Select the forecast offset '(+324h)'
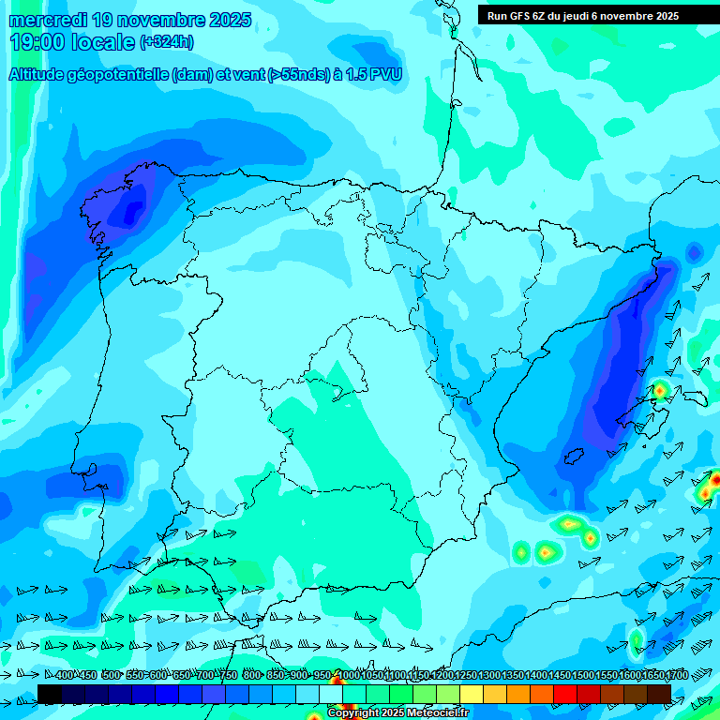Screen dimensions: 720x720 (x=166, y=42)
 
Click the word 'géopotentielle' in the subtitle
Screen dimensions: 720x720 (x=115, y=75)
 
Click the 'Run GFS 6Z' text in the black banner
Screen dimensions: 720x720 (x=518, y=16)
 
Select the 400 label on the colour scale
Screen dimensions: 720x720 (x=65, y=675)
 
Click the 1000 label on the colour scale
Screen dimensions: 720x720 (x=348, y=675)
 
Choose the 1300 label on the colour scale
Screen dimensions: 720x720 (x=488, y=675)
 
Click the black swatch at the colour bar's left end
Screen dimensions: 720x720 (x=50, y=694)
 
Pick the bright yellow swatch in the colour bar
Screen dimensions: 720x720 (x=472, y=694)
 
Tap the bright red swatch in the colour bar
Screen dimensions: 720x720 (x=565, y=694)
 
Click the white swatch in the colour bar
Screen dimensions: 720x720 (x=331, y=694)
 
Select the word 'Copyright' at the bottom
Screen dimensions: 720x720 (x=353, y=713)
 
